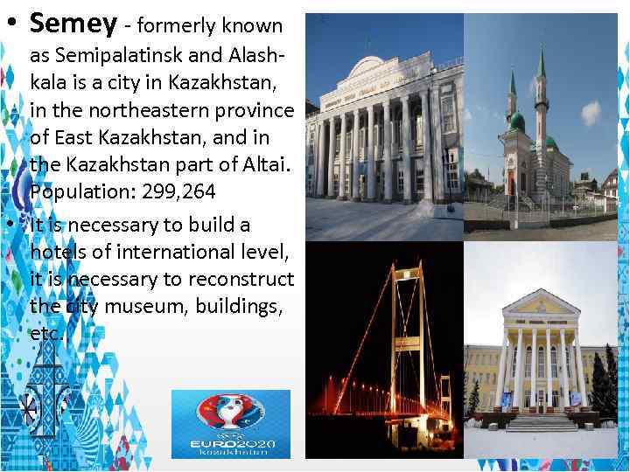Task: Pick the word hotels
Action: [x=57, y=252]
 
